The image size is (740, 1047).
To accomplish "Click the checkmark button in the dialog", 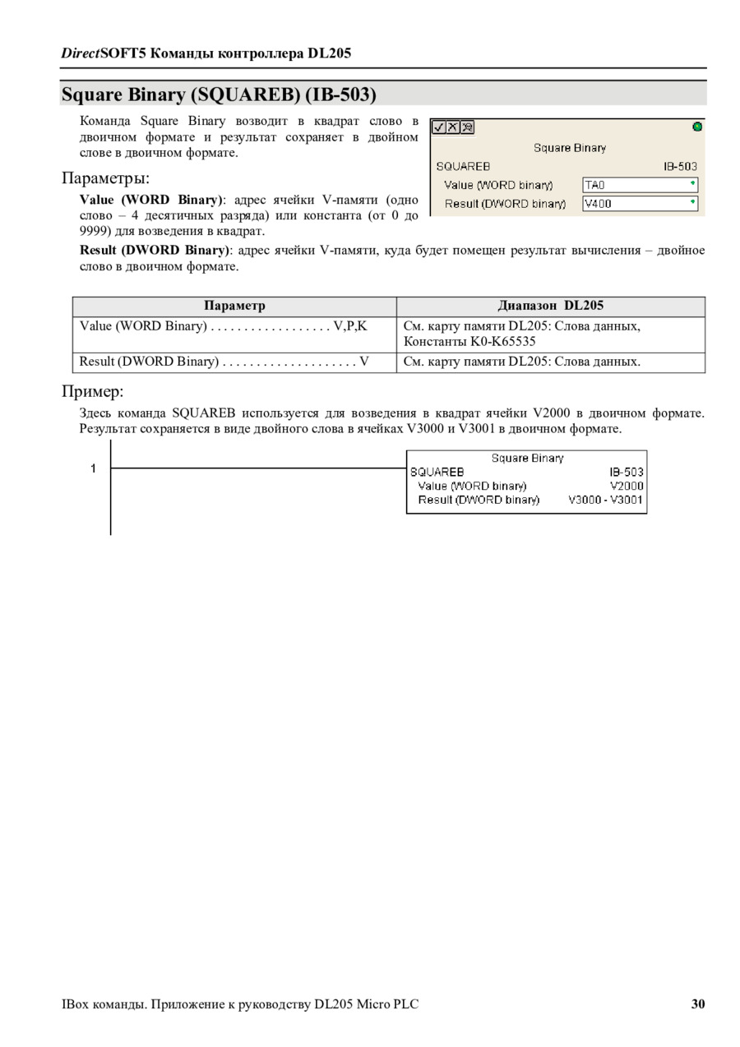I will point(439,127).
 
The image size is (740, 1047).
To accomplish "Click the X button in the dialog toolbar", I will point(453,127).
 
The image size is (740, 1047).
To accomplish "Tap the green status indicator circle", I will point(697,127).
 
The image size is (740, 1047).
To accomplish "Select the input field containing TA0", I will point(640,185).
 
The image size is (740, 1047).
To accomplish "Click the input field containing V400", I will point(640,203).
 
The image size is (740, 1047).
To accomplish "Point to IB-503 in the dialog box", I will point(680,166).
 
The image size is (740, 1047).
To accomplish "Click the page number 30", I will point(698,1003).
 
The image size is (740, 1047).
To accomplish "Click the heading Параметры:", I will point(106,178).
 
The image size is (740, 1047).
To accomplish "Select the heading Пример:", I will point(93,390).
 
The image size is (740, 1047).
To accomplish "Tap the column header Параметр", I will point(234,306).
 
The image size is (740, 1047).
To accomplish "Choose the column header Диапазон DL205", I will point(550,306).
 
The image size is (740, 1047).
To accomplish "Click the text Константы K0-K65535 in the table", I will point(469,341).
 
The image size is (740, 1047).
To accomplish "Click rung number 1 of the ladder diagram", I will point(93,468).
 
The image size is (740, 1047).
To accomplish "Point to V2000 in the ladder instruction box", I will point(627,486).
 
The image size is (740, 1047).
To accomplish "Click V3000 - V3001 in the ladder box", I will point(606,500).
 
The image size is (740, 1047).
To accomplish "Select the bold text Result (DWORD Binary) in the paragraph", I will point(154,250).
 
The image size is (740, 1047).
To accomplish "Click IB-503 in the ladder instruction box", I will point(627,472).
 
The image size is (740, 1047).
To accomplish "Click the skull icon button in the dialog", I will point(467,127).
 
